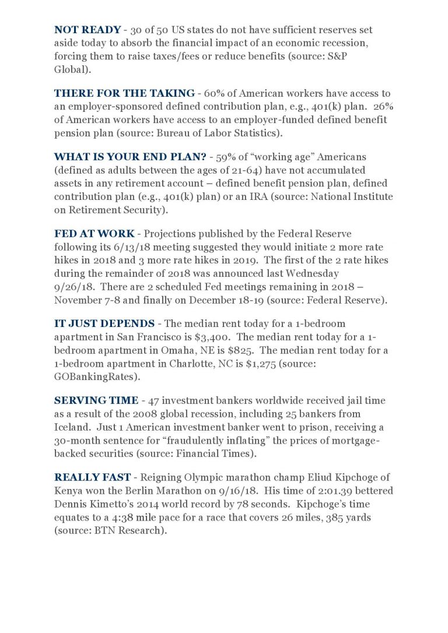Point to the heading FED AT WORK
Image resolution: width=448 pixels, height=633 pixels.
coord(94,234)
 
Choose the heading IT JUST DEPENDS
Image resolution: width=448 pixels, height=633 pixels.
coord(104,323)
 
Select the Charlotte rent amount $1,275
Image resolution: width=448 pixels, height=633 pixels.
coord(316,364)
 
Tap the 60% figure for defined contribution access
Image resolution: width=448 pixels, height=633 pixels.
coord(216,93)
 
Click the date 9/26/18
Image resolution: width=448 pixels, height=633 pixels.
coord(72,287)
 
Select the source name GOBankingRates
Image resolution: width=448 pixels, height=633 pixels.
coord(97,377)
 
